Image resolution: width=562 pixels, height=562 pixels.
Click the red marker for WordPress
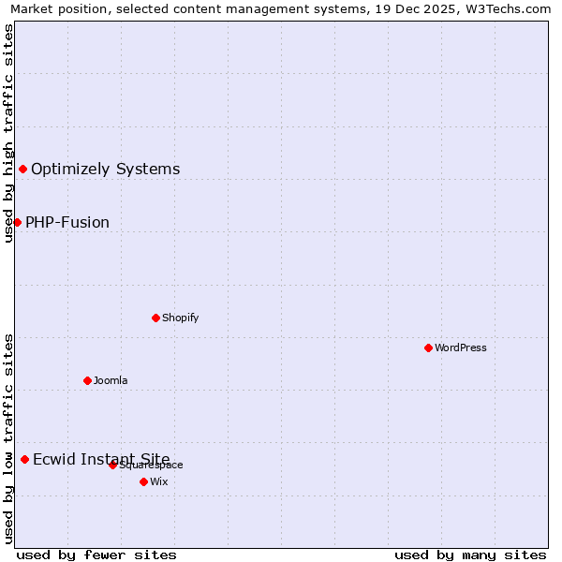coord(428,348)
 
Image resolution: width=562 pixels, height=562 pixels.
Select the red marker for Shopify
coord(155,318)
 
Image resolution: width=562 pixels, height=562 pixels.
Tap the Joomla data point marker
coord(87,380)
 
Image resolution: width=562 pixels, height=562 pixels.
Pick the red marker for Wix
coord(143,481)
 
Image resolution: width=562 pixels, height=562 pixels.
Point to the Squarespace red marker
coord(112,465)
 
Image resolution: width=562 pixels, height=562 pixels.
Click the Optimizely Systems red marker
coord(22,169)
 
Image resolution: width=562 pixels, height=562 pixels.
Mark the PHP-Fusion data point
coord(17,222)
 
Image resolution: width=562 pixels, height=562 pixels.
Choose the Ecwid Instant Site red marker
coord(24,459)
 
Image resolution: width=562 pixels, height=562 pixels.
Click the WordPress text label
coord(461,348)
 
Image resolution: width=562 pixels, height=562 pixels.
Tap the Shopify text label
coord(181,318)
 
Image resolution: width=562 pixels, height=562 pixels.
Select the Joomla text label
coord(111,380)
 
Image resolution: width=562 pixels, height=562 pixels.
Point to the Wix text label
coord(159,481)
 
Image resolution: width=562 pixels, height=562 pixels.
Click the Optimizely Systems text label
coord(106,169)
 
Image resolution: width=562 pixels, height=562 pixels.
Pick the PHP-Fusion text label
coord(67,222)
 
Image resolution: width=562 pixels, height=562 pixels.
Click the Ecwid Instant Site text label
coord(101,459)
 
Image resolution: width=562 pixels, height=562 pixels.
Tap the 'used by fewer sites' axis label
coord(96,555)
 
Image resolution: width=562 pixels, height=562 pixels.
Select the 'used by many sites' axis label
coord(470,555)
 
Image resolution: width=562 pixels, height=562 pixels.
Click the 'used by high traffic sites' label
coord(8,133)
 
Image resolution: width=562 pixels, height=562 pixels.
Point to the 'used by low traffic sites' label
coord(8,438)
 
